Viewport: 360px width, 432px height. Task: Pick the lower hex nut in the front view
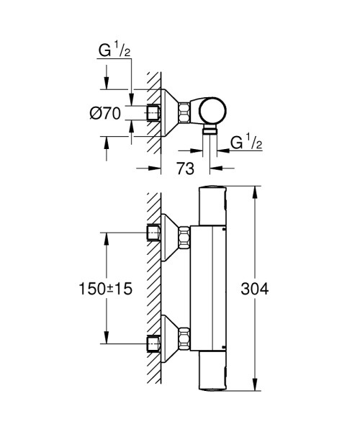pyautogui.click(x=184, y=338)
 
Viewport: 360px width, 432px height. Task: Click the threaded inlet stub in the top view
pyautogui.click(x=153, y=112)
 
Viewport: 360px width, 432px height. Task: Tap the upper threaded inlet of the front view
pyautogui.click(x=153, y=233)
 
